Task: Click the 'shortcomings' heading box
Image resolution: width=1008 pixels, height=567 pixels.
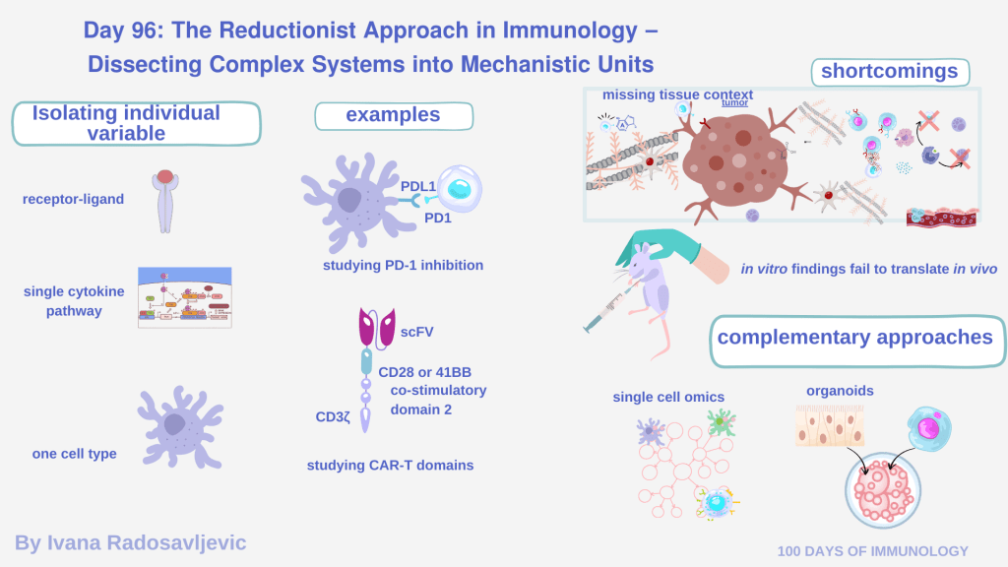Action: tap(889, 72)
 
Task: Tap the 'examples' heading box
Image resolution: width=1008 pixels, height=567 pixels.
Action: tap(393, 116)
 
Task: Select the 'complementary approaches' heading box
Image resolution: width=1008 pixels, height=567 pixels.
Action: tap(854, 338)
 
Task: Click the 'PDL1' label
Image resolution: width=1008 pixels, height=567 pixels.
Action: tap(418, 186)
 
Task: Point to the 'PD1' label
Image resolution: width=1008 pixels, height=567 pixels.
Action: tap(439, 218)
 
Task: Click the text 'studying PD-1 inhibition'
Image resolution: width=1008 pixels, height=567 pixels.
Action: tap(403, 265)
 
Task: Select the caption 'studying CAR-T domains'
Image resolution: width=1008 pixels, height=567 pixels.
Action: tap(390, 465)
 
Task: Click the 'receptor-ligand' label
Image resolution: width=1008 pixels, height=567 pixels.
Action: tap(73, 200)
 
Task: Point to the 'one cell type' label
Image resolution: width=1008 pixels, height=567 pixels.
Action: tap(74, 454)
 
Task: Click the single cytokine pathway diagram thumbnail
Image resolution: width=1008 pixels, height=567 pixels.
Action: tap(185, 297)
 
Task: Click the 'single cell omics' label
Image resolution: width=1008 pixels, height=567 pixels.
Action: tap(668, 397)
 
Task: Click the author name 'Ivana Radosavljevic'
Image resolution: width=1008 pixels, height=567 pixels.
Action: tap(130, 542)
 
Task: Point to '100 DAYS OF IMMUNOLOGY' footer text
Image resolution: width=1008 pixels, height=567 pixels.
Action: tap(872, 551)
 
